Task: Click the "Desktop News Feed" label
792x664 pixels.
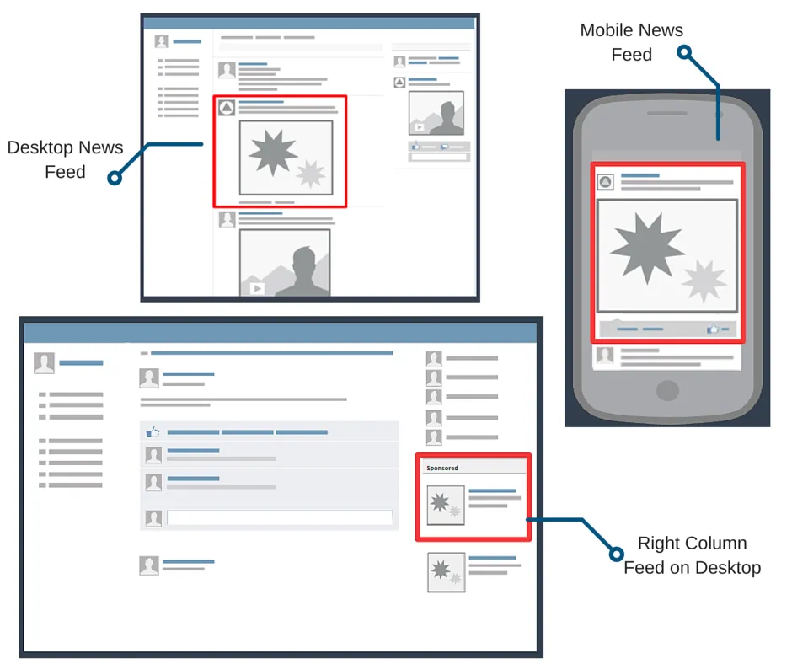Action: click(x=65, y=159)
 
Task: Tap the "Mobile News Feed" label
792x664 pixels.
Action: click(x=631, y=42)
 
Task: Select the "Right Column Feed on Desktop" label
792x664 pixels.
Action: click(x=692, y=554)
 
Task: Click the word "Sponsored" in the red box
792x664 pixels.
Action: click(x=442, y=468)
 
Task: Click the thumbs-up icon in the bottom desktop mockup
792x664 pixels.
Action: click(x=153, y=431)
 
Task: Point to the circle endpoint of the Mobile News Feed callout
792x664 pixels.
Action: click(x=685, y=52)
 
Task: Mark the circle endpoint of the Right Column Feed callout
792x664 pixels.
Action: click(x=616, y=553)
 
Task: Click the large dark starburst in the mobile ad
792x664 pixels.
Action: click(x=642, y=248)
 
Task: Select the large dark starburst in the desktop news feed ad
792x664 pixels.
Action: click(x=271, y=151)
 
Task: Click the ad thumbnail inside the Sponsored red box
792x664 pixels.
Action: click(x=446, y=505)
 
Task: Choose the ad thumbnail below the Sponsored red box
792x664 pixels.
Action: click(x=446, y=572)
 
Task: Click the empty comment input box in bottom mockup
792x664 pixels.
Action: click(x=280, y=518)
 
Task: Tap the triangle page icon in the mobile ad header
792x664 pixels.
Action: click(x=605, y=182)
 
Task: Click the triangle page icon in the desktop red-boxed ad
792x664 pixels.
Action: click(x=227, y=108)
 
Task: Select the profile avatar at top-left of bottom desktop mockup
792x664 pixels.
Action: click(x=44, y=363)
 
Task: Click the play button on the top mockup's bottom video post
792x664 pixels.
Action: click(x=257, y=288)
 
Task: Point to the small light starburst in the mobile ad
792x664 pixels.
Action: click(x=704, y=281)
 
